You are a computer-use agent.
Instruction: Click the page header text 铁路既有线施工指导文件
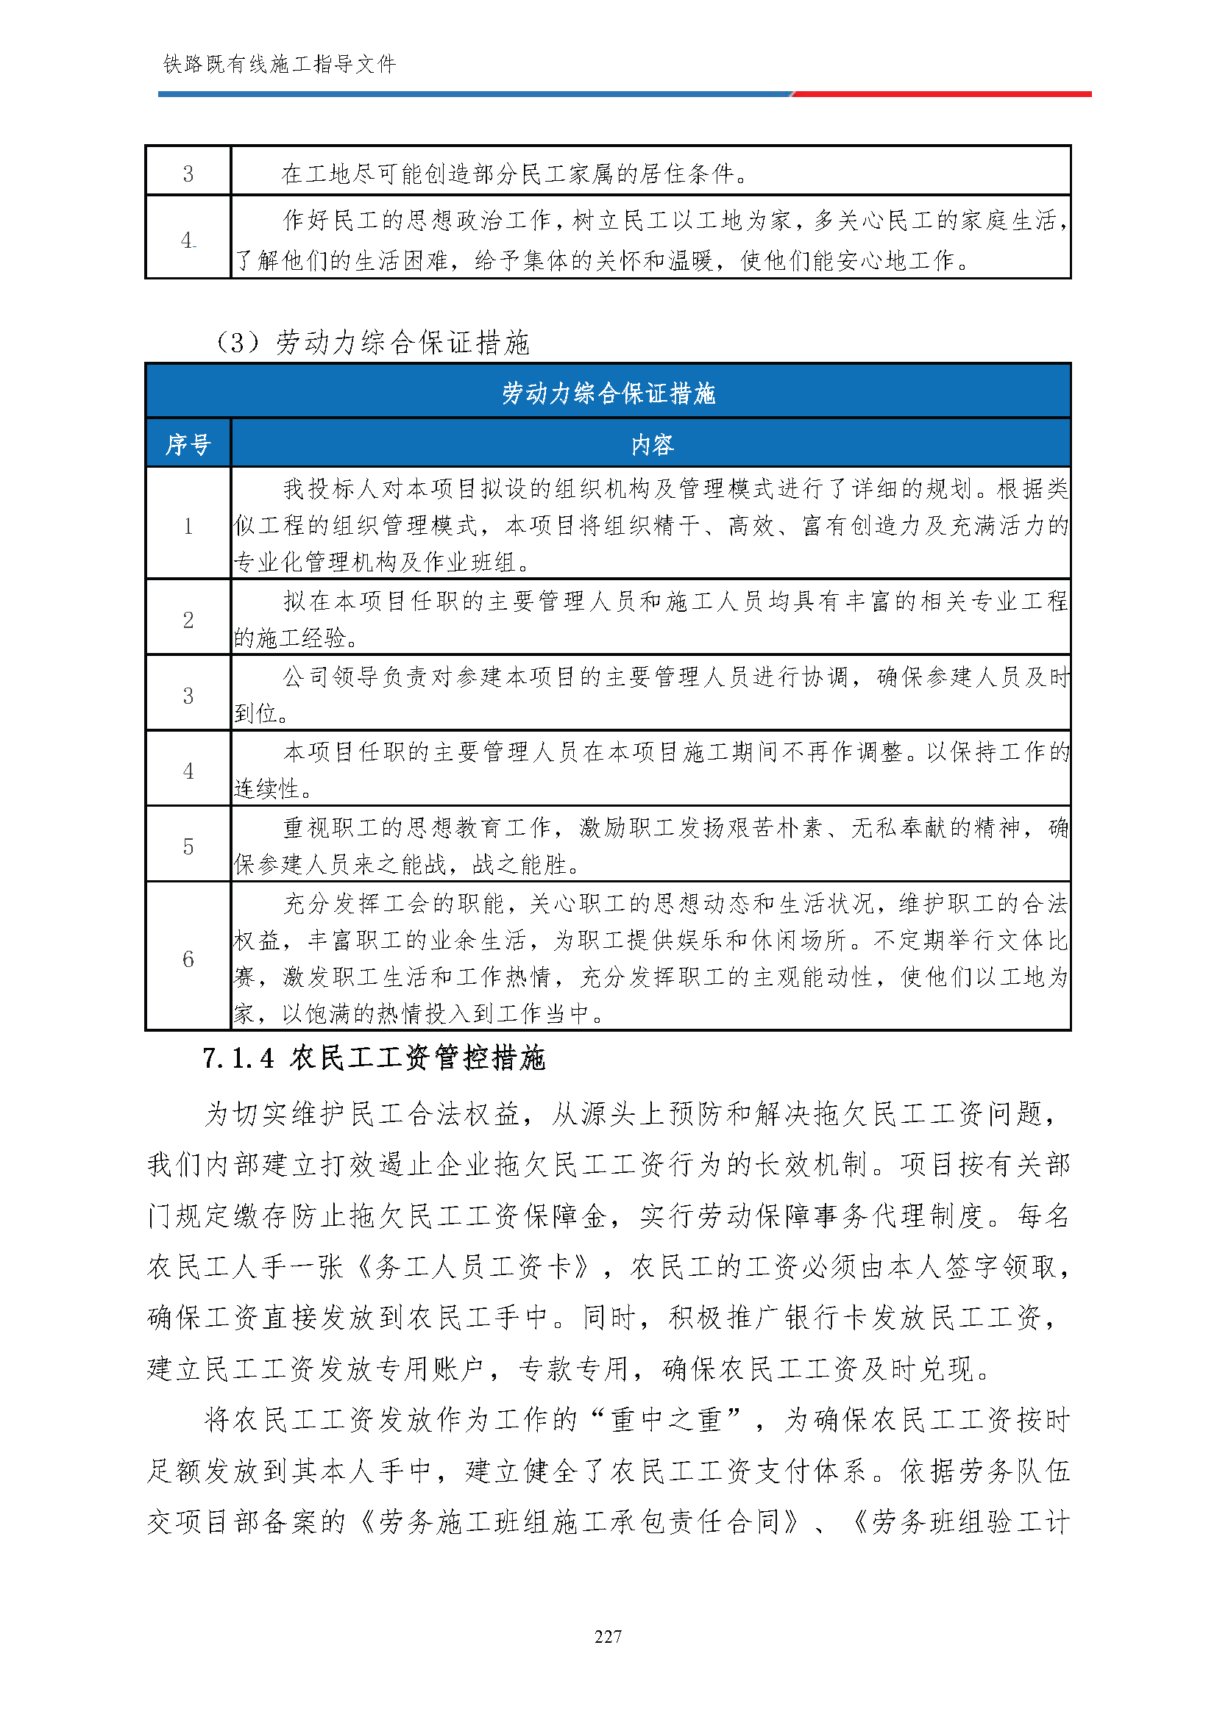click(279, 65)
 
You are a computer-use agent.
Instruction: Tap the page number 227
click(608, 1637)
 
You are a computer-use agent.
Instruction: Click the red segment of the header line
click(941, 94)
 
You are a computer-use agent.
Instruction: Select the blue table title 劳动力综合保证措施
click(608, 393)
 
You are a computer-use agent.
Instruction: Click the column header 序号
click(188, 445)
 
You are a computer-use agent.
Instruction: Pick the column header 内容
click(651, 445)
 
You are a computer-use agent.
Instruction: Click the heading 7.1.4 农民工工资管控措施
click(373, 1057)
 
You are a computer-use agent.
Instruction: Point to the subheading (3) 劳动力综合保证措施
click(372, 343)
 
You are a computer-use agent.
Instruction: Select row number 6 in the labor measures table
click(188, 958)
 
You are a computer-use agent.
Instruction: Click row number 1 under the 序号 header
click(188, 526)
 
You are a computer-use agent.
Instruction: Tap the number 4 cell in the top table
click(188, 240)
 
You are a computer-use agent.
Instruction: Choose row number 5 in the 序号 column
click(188, 846)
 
